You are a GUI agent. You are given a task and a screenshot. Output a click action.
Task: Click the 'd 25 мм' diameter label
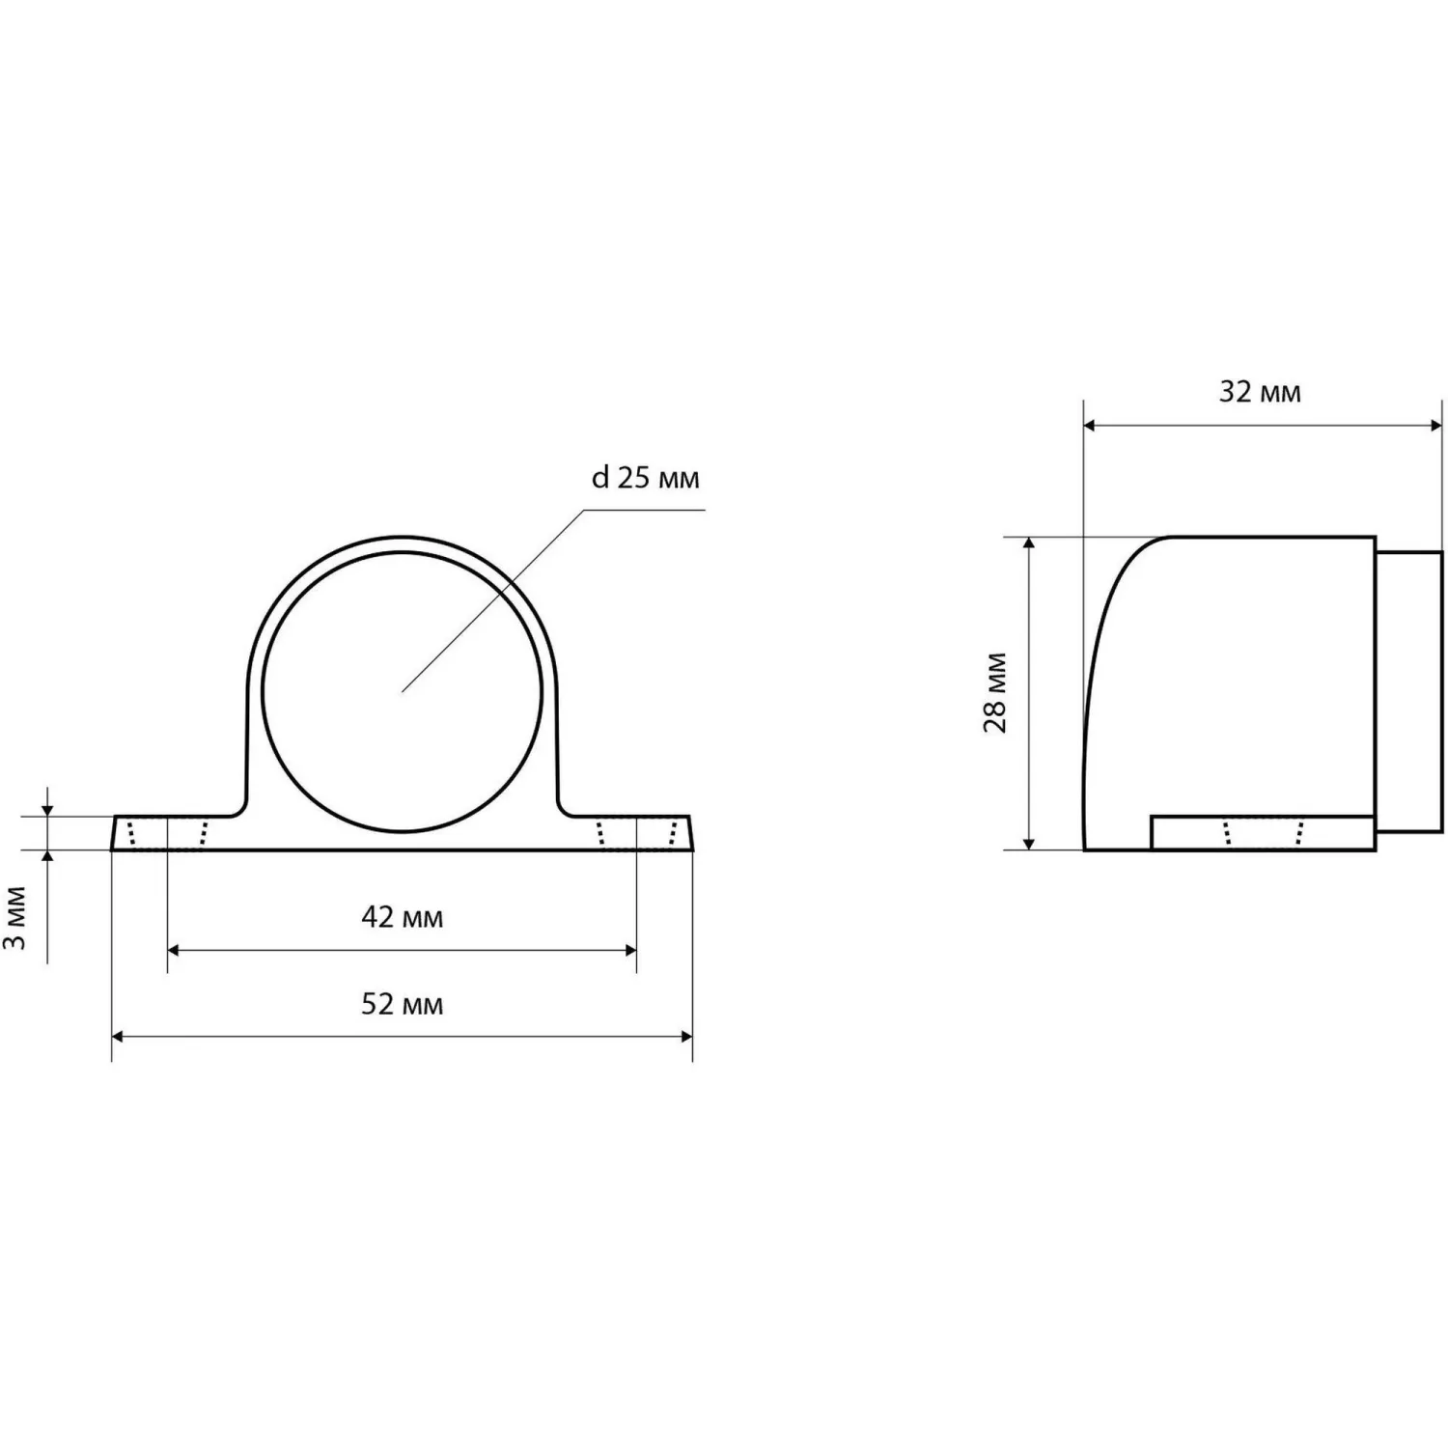coord(645,478)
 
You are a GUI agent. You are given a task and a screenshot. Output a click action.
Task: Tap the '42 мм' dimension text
coord(403,917)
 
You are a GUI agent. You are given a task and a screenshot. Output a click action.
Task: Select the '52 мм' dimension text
coord(403,1005)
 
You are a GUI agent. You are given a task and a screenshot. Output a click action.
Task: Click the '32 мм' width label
coord(1260,392)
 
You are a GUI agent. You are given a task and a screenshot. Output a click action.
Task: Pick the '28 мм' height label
coord(995,693)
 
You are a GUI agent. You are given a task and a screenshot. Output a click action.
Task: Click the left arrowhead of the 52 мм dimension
coord(118,1037)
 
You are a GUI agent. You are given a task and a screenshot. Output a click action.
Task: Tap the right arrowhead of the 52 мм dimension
coord(686,1037)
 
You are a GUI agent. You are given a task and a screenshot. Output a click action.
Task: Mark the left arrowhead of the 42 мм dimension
coord(174,950)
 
